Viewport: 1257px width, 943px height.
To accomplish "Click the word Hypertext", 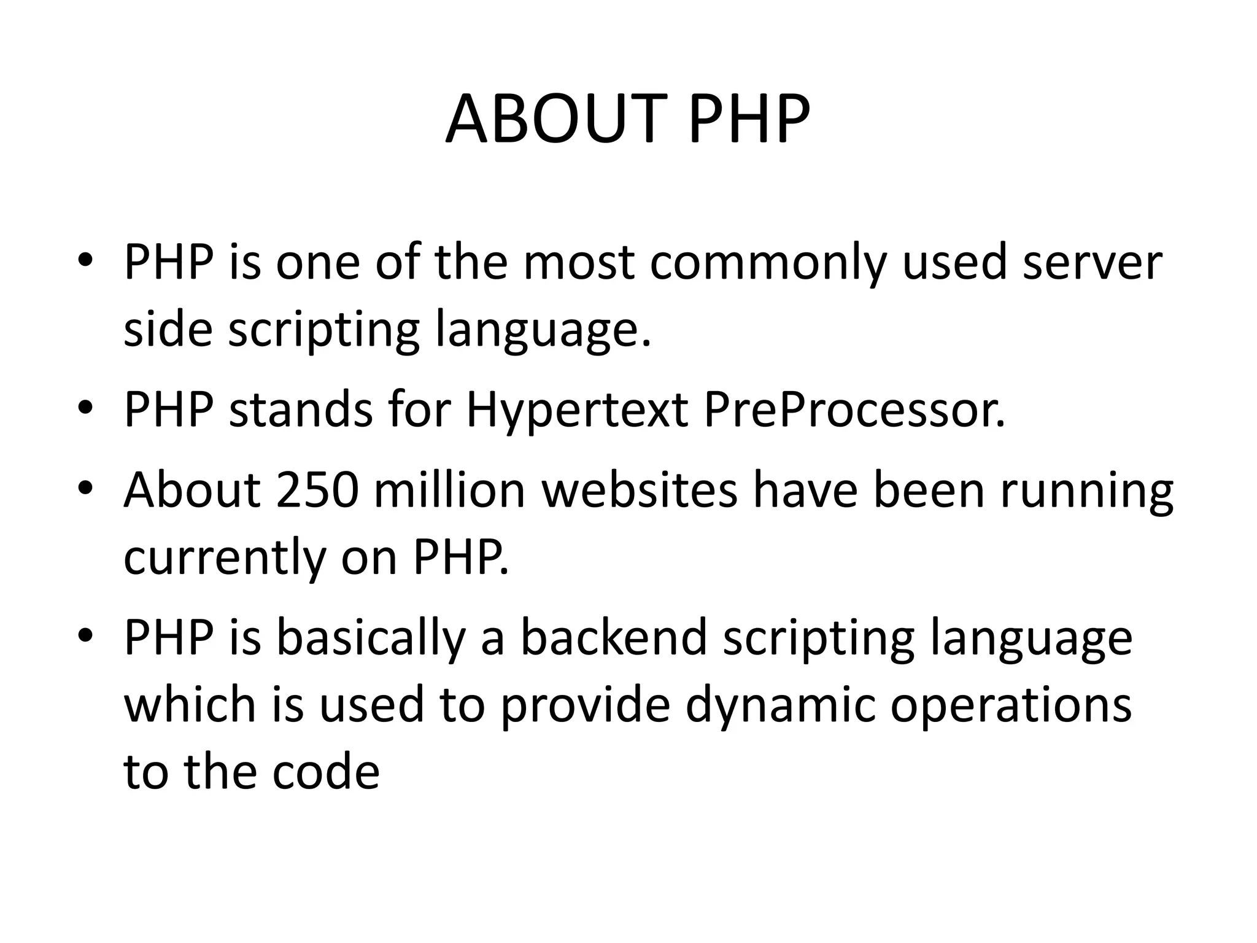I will [576, 411].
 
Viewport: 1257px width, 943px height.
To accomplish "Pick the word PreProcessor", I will [854, 409].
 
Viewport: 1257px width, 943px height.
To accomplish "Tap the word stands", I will [300, 409].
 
